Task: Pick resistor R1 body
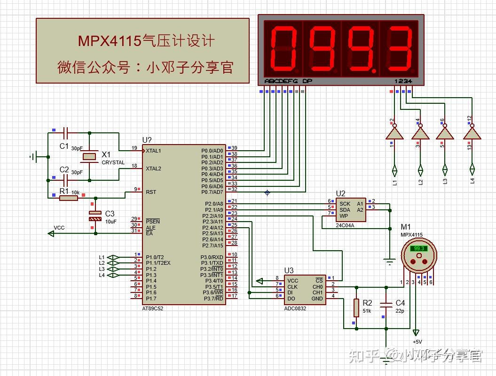tap(69, 198)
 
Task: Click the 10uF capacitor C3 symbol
tap(95, 216)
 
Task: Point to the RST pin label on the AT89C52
tap(151, 192)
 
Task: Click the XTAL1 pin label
tap(153, 151)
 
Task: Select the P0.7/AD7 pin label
tap(212, 192)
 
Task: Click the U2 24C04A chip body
tap(351, 209)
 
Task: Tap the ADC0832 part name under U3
tap(295, 309)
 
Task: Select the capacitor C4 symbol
tap(386, 305)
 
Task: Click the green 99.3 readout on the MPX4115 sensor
tap(418, 249)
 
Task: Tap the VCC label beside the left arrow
tap(59, 228)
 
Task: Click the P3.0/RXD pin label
tap(212, 257)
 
